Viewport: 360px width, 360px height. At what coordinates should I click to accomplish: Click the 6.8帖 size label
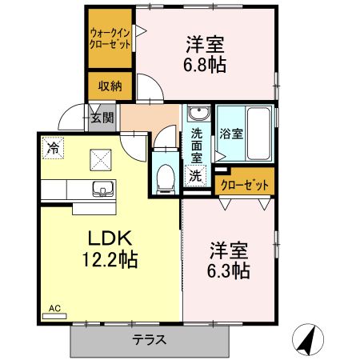206,65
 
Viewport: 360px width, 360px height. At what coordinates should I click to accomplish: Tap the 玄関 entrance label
102,117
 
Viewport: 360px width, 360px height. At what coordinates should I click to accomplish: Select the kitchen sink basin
102,189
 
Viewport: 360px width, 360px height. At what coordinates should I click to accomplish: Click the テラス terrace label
149,339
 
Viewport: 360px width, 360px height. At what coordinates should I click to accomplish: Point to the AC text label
54,307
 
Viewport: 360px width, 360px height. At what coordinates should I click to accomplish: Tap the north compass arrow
306,339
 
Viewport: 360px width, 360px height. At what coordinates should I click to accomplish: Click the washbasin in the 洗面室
198,113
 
